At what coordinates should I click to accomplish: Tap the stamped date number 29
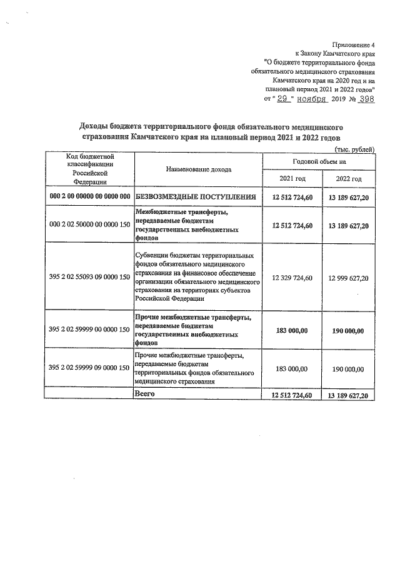tap(285, 98)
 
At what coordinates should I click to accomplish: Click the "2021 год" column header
tap(292, 179)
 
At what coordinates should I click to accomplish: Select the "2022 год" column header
tap(348, 179)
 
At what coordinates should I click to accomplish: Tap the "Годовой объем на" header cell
tap(320, 161)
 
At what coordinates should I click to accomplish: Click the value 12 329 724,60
tap(292, 277)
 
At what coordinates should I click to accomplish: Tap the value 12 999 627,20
tap(348, 277)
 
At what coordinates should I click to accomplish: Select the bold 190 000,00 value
tap(348, 331)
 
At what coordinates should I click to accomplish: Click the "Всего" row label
tap(145, 394)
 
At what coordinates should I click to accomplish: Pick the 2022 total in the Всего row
tap(348, 395)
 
